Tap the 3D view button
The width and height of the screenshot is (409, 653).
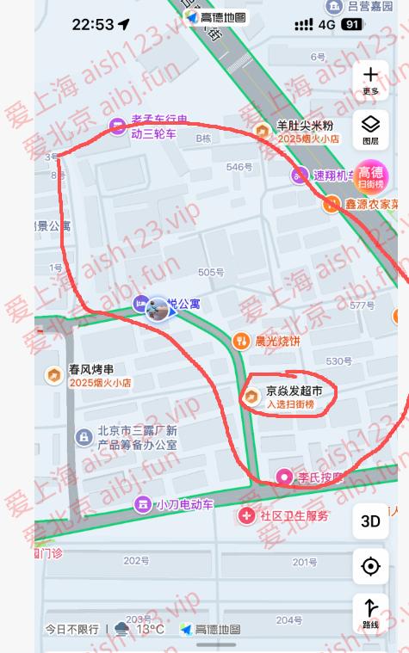click(370, 521)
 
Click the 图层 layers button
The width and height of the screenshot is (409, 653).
click(370, 129)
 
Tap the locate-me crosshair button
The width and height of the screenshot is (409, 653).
click(370, 566)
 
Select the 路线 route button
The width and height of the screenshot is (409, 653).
click(370, 612)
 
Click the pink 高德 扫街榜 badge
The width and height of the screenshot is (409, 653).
click(371, 176)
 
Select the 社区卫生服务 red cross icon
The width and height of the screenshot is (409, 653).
click(247, 516)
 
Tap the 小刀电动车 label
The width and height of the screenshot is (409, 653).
click(184, 505)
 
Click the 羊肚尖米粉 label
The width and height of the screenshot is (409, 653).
click(305, 126)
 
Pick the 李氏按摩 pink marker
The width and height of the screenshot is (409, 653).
click(283, 477)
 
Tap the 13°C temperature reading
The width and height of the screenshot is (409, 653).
click(150, 629)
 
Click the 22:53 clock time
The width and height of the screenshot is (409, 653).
click(93, 25)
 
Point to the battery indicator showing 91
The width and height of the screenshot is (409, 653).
click(351, 25)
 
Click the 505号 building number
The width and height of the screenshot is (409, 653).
click(210, 272)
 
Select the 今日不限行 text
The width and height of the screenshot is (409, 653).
click(72, 629)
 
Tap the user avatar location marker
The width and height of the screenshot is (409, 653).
click(157, 309)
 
